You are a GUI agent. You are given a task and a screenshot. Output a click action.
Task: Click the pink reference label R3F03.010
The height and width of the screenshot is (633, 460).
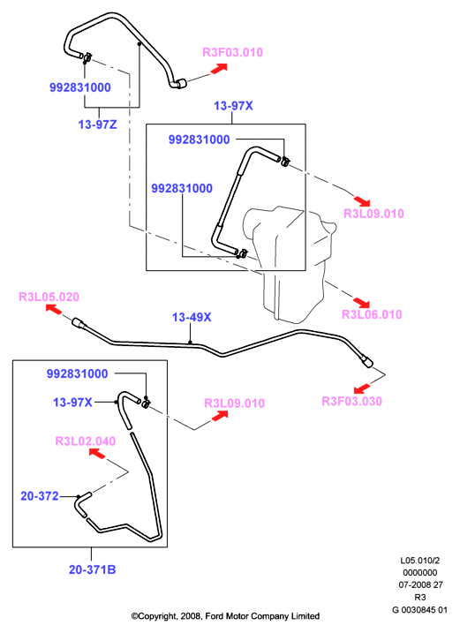(x=232, y=52)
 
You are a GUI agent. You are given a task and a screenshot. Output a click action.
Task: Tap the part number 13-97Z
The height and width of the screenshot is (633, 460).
(x=97, y=124)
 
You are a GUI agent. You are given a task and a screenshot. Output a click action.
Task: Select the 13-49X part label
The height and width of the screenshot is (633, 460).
(x=192, y=317)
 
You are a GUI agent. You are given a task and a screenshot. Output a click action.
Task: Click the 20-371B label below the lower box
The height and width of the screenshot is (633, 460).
(x=92, y=569)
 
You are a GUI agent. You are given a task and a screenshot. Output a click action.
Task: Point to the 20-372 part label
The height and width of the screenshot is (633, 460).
(x=40, y=496)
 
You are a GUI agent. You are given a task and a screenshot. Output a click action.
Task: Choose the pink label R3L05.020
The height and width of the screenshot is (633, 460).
(x=49, y=297)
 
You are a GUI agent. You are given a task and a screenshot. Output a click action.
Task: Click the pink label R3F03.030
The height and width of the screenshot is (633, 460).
(x=351, y=401)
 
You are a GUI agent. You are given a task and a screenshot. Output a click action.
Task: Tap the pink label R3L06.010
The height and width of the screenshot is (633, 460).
(x=372, y=314)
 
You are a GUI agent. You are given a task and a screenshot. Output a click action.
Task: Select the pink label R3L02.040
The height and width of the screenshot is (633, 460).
(x=86, y=441)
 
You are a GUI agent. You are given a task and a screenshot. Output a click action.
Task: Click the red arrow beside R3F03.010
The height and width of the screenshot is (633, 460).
(x=219, y=69)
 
